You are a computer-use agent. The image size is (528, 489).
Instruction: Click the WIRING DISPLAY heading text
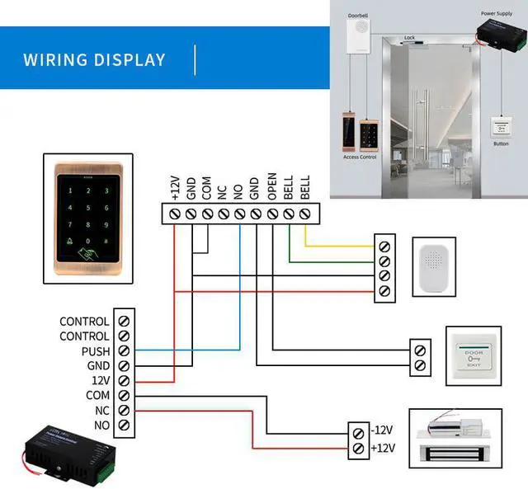(x=94, y=60)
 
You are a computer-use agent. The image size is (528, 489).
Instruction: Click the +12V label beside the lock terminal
(x=384, y=448)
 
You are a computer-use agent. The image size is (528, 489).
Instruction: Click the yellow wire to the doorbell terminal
(x=338, y=246)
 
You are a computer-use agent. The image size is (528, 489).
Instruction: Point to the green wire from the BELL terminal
(x=330, y=261)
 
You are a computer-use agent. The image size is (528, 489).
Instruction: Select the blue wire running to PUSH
(x=190, y=350)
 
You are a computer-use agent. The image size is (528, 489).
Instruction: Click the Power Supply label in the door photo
(x=497, y=14)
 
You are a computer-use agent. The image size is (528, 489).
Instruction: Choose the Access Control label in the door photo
(x=359, y=156)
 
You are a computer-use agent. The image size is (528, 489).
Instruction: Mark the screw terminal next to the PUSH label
(x=124, y=351)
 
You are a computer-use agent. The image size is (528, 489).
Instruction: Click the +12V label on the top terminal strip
(x=175, y=188)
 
